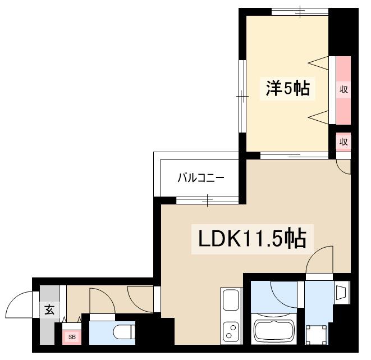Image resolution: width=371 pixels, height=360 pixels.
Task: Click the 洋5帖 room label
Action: click(287, 88)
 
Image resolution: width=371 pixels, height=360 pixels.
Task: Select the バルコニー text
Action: click(201, 179)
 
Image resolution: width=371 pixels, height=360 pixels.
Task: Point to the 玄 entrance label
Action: click(49, 309)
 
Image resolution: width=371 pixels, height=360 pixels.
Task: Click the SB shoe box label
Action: click(72, 337)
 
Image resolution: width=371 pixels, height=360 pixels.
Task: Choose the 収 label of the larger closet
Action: click(343, 89)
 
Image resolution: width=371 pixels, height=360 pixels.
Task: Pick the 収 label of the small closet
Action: click(343, 142)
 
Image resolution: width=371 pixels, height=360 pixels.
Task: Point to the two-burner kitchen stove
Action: click(231, 331)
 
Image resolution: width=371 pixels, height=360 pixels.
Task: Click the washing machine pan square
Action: click(318, 335)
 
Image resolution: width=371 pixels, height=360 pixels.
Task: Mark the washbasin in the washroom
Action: click(341, 292)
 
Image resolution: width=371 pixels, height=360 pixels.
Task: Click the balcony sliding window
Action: click(208, 199)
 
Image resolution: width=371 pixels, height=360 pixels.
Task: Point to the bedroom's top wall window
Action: click(300, 11)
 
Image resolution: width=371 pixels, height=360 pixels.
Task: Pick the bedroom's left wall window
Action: click(242, 97)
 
